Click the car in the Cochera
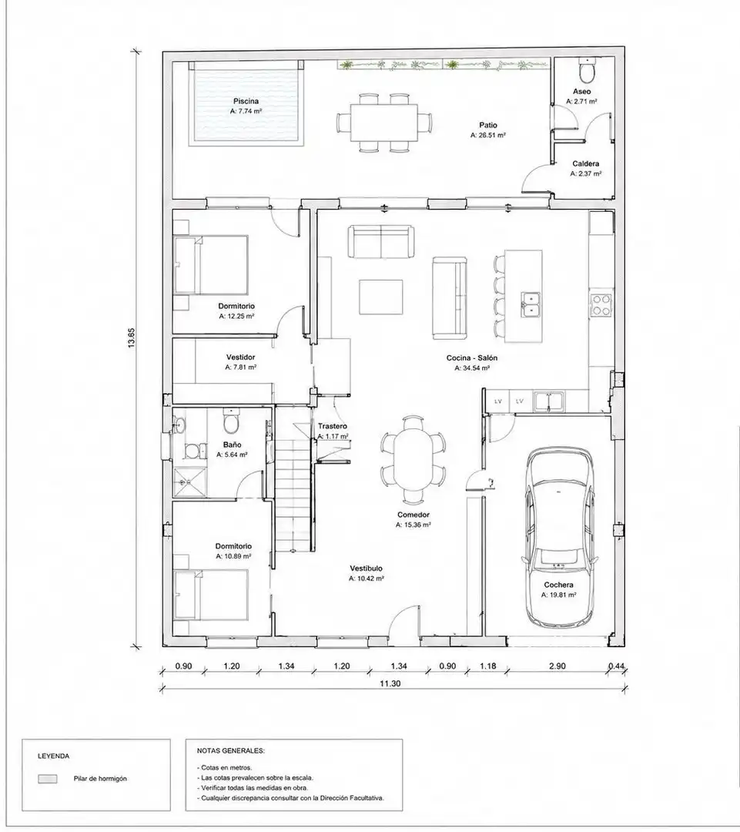(x=560, y=538)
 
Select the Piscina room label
(x=246, y=101)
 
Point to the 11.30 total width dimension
(x=390, y=683)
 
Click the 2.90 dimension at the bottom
(x=557, y=666)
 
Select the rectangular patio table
(x=383, y=122)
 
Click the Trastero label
(x=333, y=426)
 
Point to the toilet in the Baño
(x=231, y=421)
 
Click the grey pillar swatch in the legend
(x=47, y=779)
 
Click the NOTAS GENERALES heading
(x=231, y=751)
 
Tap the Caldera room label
(x=586, y=164)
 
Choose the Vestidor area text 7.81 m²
(x=241, y=367)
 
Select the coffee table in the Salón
(x=380, y=297)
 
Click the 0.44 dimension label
(x=616, y=666)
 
